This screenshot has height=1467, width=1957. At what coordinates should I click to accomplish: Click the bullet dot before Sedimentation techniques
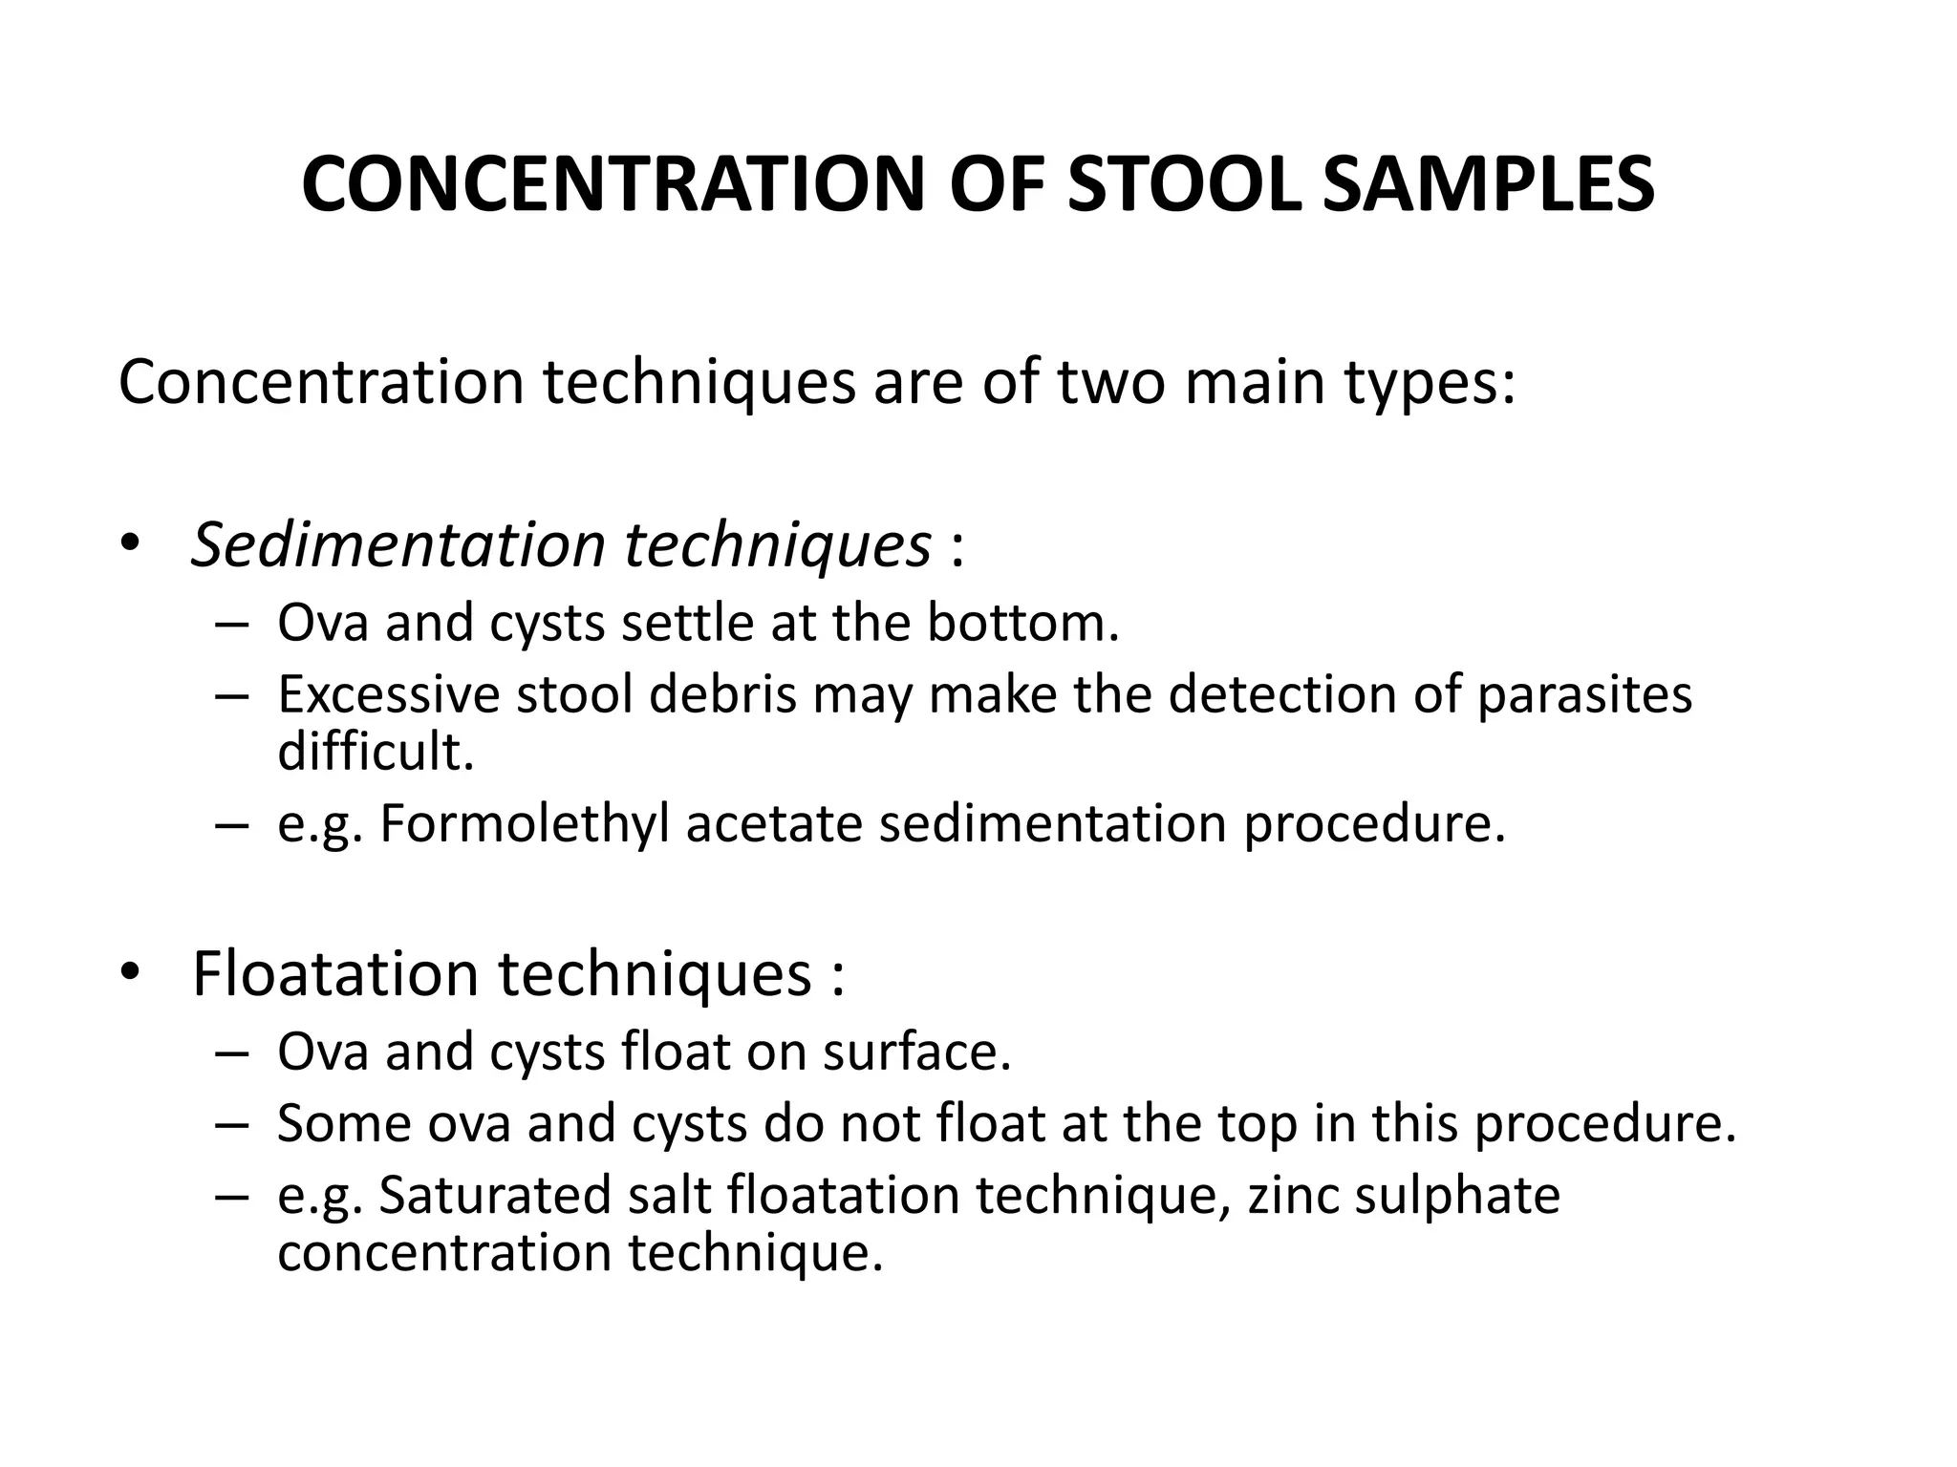[131, 545]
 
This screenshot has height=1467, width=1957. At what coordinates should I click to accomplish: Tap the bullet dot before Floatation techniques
[131, 973]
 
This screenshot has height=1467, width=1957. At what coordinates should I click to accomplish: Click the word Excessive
[388, 694]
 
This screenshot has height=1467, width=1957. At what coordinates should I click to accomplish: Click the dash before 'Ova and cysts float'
[232, 1052]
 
